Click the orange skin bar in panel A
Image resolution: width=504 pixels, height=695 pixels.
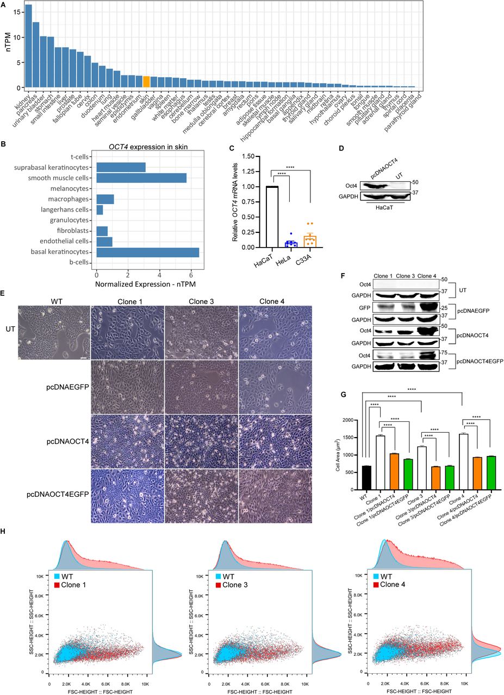(146, 81)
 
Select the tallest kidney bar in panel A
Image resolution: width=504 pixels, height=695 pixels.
(28, 46)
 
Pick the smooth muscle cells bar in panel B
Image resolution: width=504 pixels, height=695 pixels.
(141, 178)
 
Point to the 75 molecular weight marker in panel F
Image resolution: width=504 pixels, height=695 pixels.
(443, 353)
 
